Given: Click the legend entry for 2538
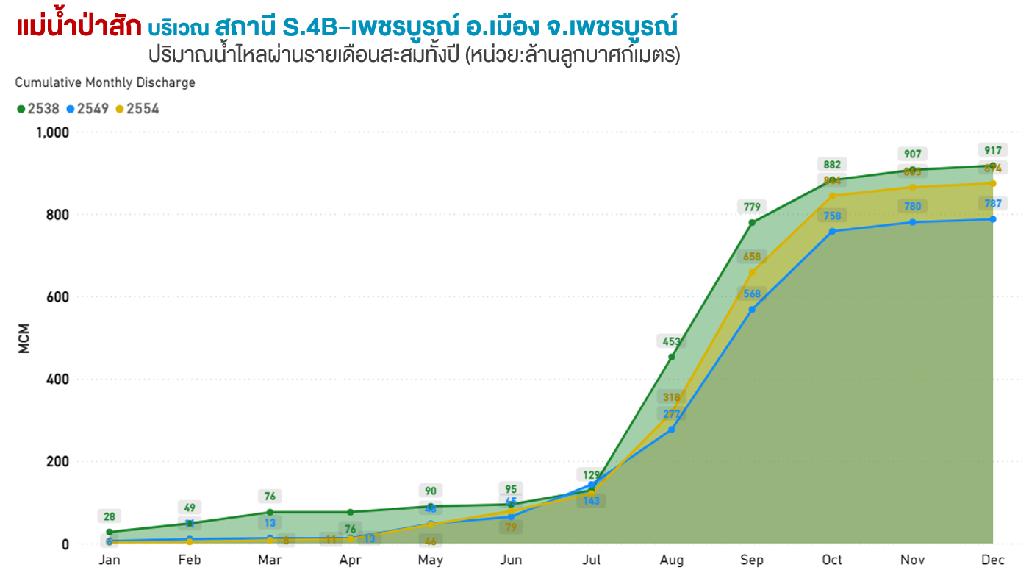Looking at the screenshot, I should tap(38, 109).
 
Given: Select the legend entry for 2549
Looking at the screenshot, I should tap(87, 109).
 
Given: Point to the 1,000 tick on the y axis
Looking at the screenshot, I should tap(51, 132).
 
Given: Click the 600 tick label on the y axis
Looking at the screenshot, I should tap(57, 297).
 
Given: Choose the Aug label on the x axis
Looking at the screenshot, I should tap(672, 560).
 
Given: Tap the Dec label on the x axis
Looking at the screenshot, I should tap(993, 560).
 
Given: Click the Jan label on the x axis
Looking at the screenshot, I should tap(109, 560).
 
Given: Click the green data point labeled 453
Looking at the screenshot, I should tap(672, 357).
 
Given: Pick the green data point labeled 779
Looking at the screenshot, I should tap(752, 223).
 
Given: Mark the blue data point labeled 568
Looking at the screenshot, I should tap(752, 310).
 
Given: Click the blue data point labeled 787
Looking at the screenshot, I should tap(993, 219).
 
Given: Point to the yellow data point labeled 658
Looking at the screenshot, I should tap(752, 273).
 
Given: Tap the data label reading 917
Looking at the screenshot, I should tap(993, 151).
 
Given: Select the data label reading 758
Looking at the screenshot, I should tap(832, 216).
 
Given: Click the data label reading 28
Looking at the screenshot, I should tap(109, 517).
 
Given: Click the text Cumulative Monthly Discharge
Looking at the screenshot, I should tap(105, 82).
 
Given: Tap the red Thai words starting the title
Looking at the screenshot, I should tap(79, 27).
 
